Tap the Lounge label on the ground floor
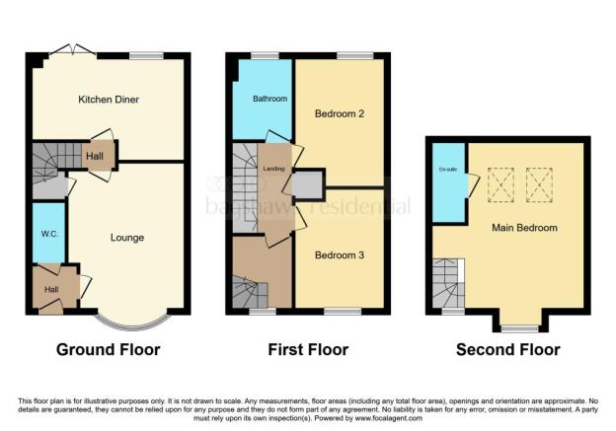click(x=126, y=238)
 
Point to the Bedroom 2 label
click(x=340, y=113)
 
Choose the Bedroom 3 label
click(x=340, y=255)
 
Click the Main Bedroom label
click(x=524, y=228)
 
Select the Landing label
click(x=273, y=169)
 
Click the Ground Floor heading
click(x=109, y=349)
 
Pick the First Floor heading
click(x=307, y=349)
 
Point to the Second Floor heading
click(x=507, y=349)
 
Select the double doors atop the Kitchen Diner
click(x=69, y=49)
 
